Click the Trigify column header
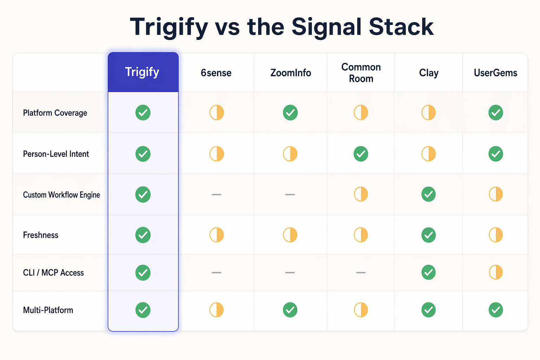point(142,72)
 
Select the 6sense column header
point(216,73)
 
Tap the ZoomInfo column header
point(290,73)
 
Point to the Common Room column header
point(361,73)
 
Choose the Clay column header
point(429,73)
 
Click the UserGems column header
point(495,73)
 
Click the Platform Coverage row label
point(55,113)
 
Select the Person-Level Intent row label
point(56,154)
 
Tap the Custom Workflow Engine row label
point(62,195)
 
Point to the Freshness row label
point(41,235)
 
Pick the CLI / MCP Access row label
point(53,273)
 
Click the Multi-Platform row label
point(48,310)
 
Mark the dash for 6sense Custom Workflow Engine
point(217,194)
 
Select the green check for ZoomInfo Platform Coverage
point(290,112)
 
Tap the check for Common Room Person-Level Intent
point(361,154)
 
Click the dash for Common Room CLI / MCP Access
point(361,272)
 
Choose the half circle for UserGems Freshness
point(496,235)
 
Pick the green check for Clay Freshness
point(429,235)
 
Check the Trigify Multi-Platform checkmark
point(143,310)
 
